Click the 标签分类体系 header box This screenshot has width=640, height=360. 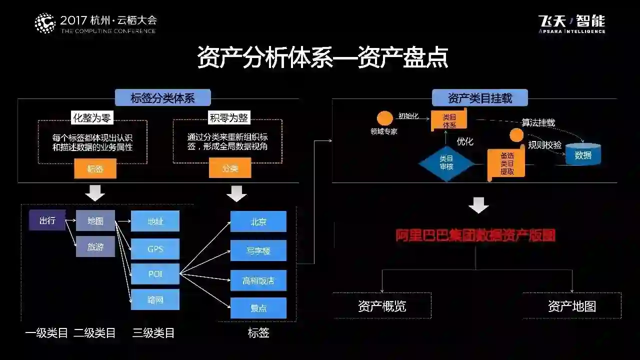(162, 98)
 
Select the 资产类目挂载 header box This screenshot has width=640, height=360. (479, 98)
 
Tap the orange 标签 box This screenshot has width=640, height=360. (95, 169)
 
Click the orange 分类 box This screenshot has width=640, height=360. (230, 168)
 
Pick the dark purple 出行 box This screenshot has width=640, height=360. (47, 220)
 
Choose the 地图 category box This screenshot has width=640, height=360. (95, 220)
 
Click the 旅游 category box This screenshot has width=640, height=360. (95, 246)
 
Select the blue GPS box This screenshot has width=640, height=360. (155, 248)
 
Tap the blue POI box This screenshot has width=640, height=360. (155, 274)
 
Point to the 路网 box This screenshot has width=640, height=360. (155, 299)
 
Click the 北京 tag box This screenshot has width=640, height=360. (258, 221)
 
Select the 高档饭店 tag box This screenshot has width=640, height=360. (258, 280)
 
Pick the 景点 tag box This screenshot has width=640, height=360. (258, 308)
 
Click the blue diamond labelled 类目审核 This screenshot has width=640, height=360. (446, 162)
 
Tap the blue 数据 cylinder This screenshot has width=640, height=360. (583, 155)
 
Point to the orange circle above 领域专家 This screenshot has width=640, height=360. (384, 118)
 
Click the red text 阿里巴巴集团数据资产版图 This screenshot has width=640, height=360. (475, 235)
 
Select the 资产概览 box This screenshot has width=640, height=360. (382, 306)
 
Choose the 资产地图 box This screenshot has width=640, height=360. (572, 306)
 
